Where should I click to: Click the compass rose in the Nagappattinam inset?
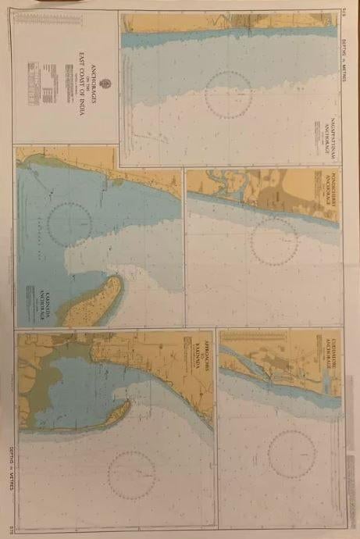(228, 95)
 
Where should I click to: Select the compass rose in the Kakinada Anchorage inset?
(70, 222)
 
